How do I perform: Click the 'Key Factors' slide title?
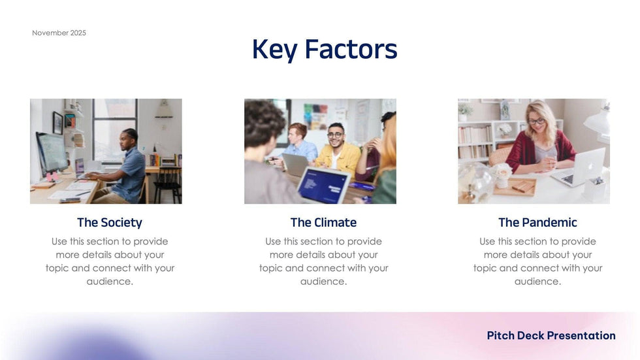click(325, 49)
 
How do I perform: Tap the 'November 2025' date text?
click(59, 33)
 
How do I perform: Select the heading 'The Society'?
click(109, 223)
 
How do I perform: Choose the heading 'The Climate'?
click(323, 223)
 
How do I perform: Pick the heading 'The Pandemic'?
click(537, 223)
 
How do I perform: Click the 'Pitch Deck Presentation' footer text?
click(551, 335)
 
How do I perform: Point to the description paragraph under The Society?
click(110, 261)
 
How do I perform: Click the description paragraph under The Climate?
click(323, 261)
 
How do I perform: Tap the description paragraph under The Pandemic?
click(537, 261)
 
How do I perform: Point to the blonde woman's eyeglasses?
click(536, 121)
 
